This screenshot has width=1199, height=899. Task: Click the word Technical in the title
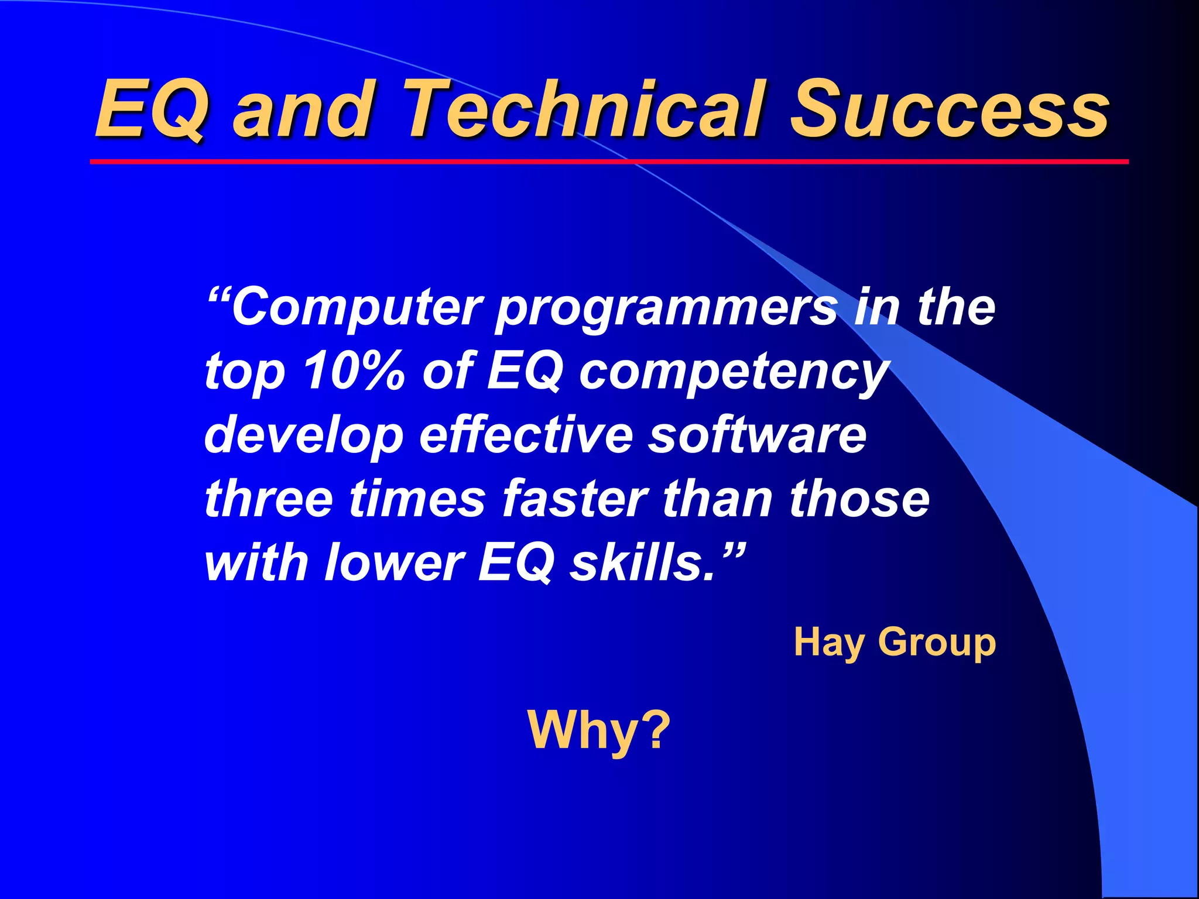(585, 109)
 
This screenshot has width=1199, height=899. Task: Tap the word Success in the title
(948, 109)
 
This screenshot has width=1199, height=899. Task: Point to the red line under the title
(609, 162)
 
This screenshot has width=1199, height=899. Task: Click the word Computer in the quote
(357, 308)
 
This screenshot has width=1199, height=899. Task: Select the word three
(269, 499)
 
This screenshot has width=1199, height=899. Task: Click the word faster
(574, 499)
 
